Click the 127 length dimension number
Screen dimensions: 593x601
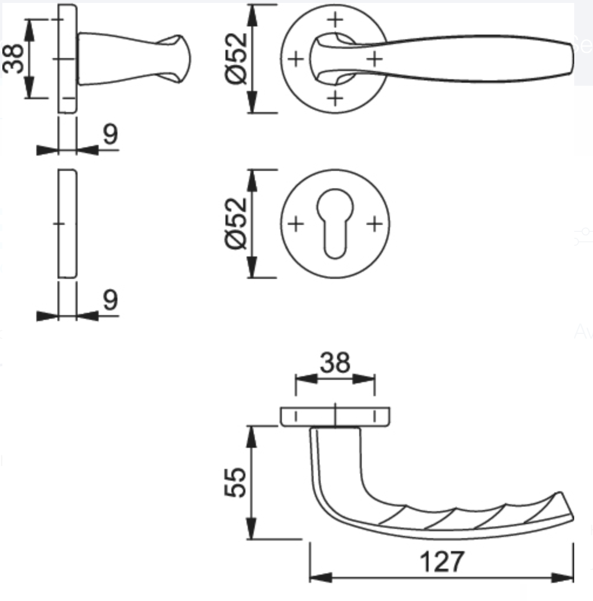[442, 562]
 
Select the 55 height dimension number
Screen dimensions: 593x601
[235, 482]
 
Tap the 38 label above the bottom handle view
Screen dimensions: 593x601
[335, 362]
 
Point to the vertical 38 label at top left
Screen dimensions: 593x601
[13, 59]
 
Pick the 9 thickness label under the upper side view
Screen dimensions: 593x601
[111, 134]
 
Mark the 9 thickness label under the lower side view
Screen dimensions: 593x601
[111, 300]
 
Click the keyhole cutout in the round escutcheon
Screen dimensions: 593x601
[335, 223]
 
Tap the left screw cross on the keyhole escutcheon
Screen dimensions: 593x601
[295, 224]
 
